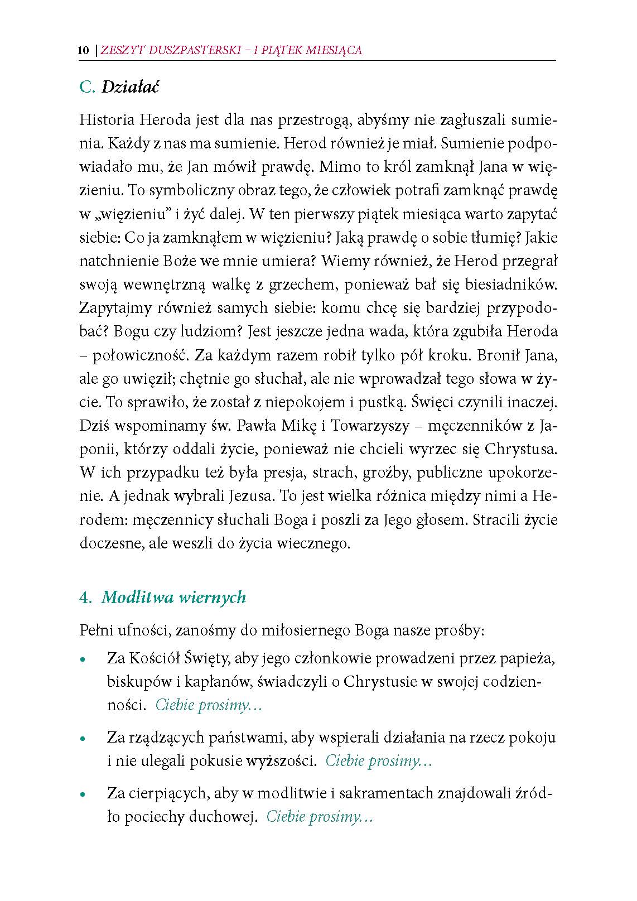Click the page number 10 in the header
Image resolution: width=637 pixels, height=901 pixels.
83,51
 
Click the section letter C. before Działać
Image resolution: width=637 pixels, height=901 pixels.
88,88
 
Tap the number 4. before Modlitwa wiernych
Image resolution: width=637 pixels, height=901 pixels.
85,598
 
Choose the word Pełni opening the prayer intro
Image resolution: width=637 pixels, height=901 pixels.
96,631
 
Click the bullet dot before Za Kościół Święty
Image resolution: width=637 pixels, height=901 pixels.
83,659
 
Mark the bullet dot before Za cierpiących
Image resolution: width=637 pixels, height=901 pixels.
83,794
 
